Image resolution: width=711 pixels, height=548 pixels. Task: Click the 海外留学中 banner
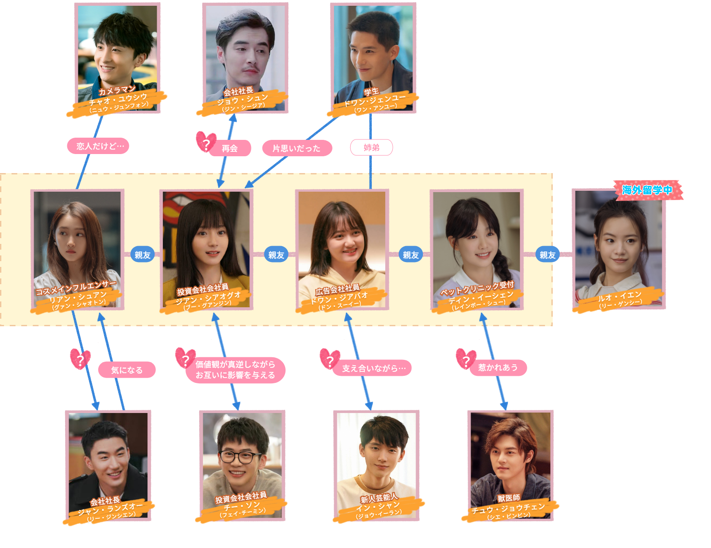click(647, 190)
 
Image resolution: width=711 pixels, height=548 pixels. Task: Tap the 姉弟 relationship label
click(371, 147)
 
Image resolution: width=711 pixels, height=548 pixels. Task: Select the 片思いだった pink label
click(297, 148)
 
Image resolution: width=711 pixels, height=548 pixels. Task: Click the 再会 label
click(230, 148)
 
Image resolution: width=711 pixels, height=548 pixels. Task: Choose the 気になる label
click(127, 370)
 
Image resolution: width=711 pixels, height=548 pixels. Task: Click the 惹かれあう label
click(498, 367)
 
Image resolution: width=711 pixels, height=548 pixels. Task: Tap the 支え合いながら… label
click(374, 368)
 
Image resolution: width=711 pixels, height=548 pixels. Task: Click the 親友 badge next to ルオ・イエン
click(548, 255)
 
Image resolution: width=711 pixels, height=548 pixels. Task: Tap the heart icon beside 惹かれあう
click(466, 359)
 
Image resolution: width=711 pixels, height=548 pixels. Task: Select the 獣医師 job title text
click(509, 498)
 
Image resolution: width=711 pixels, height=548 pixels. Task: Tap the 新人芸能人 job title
click(379, 498)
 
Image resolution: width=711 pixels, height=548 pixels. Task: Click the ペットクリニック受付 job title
click(477, 288)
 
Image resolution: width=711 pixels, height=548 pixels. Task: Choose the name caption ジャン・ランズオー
click(110, 509)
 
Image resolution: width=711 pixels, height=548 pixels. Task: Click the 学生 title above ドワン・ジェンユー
click(371, 92)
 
